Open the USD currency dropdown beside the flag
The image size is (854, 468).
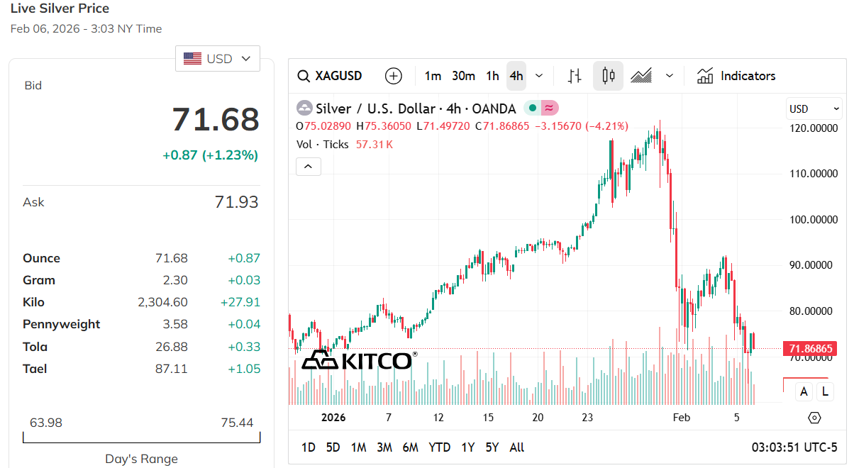tap(218, 59)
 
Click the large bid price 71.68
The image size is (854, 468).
tap(216, 119)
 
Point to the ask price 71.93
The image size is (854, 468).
tap(236, 202)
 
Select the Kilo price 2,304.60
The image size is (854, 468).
tap(162, 302)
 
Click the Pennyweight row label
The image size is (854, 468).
tap(62, 324)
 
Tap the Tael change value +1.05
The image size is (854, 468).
tap(243, 369)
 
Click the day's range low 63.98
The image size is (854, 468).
tap(46, 423)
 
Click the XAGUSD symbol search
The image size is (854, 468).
tap(330, 76)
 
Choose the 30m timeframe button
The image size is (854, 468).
tap(463, 76)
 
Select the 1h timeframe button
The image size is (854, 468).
tap(492, 76)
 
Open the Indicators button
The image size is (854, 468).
tap(736, 76)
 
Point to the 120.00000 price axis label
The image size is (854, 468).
tap(814, 128)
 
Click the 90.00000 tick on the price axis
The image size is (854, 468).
tap(814, 265)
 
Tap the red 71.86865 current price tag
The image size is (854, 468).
tap(809, 349)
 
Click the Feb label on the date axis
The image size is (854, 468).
tap(681, 418)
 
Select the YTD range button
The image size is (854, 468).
tap(440, 447)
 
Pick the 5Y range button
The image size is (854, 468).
tap(492, 447)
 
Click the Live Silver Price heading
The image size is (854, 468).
tap(60, 9)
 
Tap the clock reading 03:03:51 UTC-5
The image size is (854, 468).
tap(794, 447)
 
